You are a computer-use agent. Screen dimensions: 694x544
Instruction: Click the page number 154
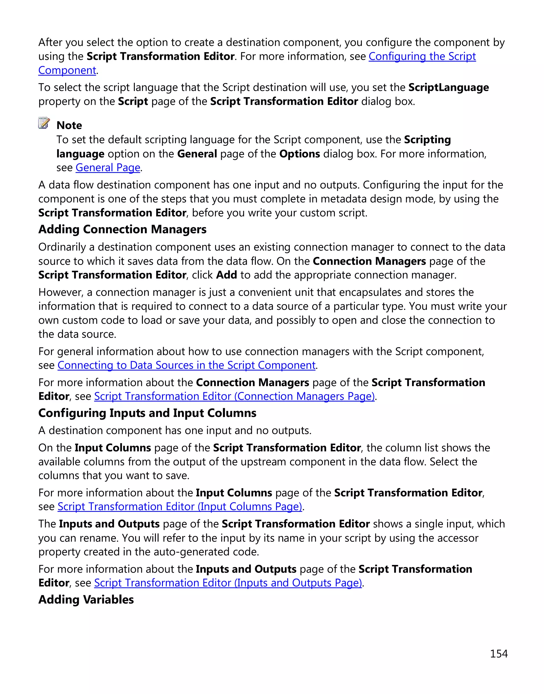point(499,654)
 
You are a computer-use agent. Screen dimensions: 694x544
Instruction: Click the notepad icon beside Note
point(44,123)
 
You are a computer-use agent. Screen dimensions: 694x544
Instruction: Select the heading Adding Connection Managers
point(122,229)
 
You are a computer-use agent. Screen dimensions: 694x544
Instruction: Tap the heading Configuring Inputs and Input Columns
point(147,413)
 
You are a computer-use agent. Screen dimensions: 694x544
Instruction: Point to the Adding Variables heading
point(86,599)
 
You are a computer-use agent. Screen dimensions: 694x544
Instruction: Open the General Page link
point(108,168)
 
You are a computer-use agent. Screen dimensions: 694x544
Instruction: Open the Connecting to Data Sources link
point(186,365)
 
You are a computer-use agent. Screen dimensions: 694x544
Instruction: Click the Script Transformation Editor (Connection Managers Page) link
point(234,396)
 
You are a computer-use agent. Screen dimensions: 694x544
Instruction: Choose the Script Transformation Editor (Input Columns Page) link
point(180,506)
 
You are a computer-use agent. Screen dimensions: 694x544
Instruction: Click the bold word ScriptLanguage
point(448,87)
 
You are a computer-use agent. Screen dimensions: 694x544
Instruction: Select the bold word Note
point(69,125)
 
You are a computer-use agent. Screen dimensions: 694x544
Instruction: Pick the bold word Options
point(299,154)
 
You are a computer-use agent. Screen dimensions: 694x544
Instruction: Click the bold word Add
point(227,275)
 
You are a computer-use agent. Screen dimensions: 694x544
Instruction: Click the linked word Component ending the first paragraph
point(67,70)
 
